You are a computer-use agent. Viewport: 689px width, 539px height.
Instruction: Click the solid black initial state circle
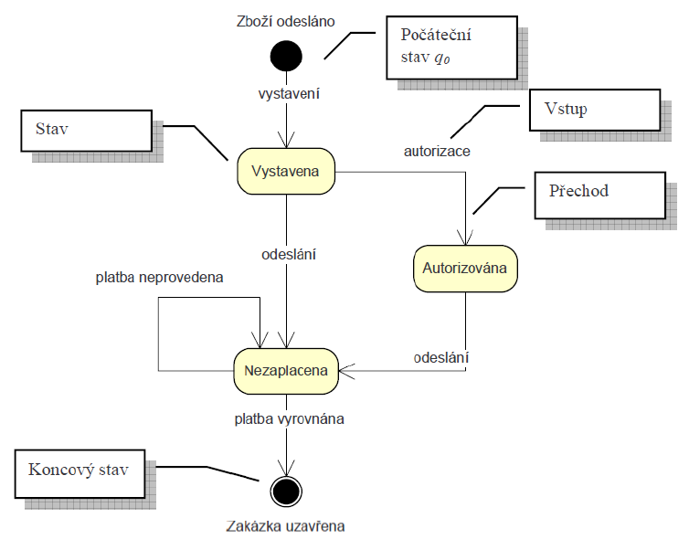tap(286, 57)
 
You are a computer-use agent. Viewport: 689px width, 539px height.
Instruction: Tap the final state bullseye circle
tap(287, 491)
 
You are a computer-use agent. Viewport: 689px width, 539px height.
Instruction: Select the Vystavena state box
tap(286, 172)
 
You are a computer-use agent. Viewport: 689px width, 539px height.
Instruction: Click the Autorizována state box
tap(466, 269)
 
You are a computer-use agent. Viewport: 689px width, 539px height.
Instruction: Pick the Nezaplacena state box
tap(286, 370)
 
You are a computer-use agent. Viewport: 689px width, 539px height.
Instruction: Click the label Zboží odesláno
tap(286, 20)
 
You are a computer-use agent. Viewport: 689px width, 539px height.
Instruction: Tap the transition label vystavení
tap(286, 93)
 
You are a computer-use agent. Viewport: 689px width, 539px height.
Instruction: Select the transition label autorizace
tap(437, 151)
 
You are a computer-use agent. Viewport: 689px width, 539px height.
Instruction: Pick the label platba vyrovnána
tap(288, 419)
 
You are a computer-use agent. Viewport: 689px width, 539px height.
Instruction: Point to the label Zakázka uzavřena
tap(286, 525)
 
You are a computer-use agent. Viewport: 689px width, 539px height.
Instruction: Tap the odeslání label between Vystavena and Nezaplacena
tap(288, 255)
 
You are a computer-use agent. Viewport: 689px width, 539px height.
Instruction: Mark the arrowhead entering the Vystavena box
tap(287, 143)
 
